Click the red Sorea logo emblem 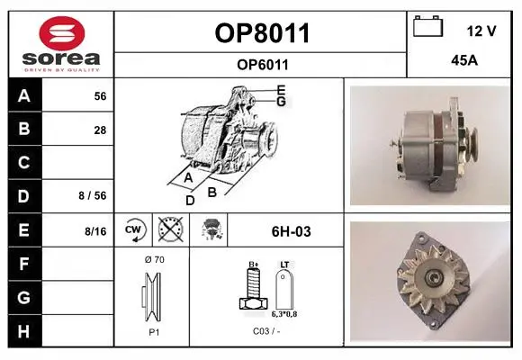coord(62,33)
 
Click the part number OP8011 coord(262,33)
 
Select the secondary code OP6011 coord(263,65)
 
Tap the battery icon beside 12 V coord(428,26)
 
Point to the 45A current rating coord(464,60)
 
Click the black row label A coord(24,95)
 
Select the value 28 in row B coord(100,130)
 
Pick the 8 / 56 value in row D coord(93,195)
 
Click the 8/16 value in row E coord(95,231)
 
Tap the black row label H coord(24,331)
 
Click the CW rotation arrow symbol coord(134,230)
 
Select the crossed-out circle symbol coord(171,229)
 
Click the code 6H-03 coord(292,231)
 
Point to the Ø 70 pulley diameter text coord(155,259)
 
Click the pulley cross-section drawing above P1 coord(152,297)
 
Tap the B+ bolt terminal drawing coord(253,288)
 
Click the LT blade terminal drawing coord(284,289)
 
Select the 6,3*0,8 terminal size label coord(284,314)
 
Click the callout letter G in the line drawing coord(282,101)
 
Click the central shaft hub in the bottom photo coord(434,276)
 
